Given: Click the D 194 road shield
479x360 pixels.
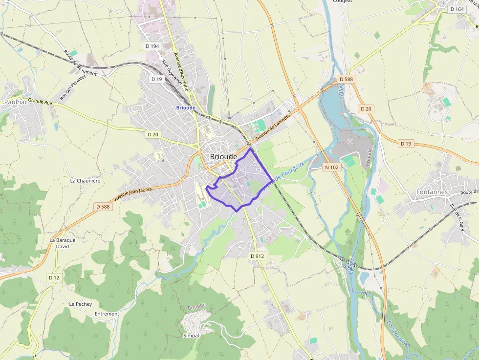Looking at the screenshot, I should [x=152, y=46].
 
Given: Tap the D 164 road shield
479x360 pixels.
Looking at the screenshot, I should [x=457, y=9].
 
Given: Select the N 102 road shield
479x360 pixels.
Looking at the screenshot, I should [x=331, y=167].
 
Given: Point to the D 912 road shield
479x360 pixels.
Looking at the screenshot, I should [x=257, y=256].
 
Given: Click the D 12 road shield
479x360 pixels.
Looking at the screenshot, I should [x=54, y=277].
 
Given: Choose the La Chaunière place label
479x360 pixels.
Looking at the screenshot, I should [x=85, y=181].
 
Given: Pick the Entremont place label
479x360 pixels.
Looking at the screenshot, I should [x=107, y=314].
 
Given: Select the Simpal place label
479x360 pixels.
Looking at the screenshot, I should [x=191, y=336].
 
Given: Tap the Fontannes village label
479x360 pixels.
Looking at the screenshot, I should [x=432, y=192].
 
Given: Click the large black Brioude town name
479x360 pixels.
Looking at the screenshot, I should [x=223, y=157].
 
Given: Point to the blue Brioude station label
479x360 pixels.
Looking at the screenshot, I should [x=186, y=107].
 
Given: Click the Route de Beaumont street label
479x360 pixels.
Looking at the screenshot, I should [x=80, y=63].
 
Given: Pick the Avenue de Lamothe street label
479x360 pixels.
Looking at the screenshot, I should [x=273, y=125].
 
